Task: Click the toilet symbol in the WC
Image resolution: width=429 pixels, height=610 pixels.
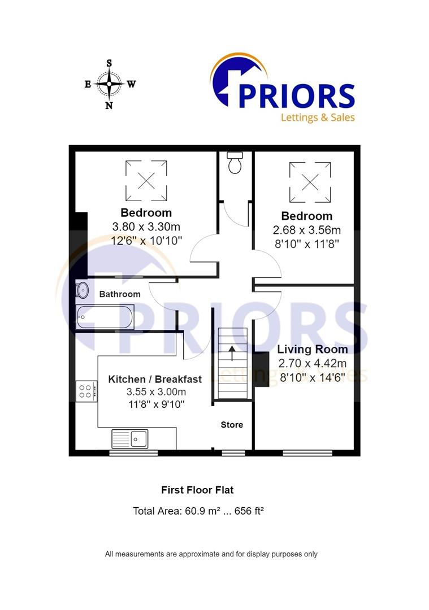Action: [x=234, y=163]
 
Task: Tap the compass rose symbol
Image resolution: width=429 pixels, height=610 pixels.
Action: [x=110, y=84]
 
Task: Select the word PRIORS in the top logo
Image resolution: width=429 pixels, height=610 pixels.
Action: [x=296, y=95]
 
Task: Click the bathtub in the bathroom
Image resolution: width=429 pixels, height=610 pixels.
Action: [x=105, y=317]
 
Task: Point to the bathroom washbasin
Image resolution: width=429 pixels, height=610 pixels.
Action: [x=83, y=290]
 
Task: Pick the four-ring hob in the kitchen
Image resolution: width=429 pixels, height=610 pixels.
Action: [x=86, y=391]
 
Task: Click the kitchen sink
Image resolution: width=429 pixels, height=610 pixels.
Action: [x=130, y=438]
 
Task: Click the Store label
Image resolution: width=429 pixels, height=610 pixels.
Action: [x=232, y=425]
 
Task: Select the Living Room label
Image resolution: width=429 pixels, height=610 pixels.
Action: [x=313, y=350]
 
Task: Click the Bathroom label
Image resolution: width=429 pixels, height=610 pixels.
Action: [x=120, y=294]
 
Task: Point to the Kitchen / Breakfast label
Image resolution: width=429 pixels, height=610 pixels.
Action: [x=155, y=379]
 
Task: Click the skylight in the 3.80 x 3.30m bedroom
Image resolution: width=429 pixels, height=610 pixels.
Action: [x=146, y=180]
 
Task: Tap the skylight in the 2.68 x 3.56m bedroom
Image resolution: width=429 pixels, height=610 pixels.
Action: [x=310, y=182]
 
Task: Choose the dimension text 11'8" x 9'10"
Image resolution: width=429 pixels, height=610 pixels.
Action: [x=155, y=404]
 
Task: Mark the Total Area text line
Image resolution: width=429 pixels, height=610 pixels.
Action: [x=198, y=511]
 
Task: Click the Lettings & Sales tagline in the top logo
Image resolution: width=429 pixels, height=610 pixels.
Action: [x=318, y=117]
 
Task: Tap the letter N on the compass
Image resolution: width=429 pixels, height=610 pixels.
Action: [x=110, y=105]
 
